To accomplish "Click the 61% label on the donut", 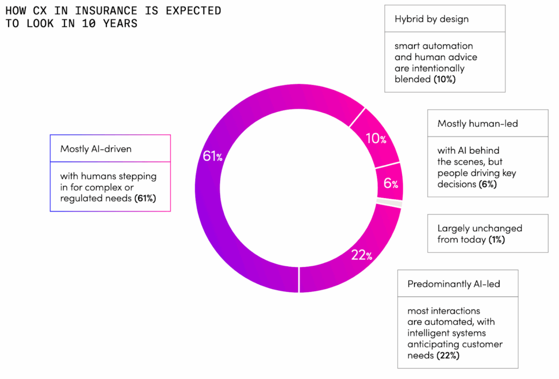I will click(x=212, y=157).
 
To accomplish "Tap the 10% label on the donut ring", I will click(x=376, y=139).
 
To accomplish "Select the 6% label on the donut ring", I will click(x=391, y=184).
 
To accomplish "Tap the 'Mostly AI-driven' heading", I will click(x=96, y=148).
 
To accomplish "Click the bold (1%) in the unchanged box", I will click(x=496, y=239).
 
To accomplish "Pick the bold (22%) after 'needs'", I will click(x=448, y=356).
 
